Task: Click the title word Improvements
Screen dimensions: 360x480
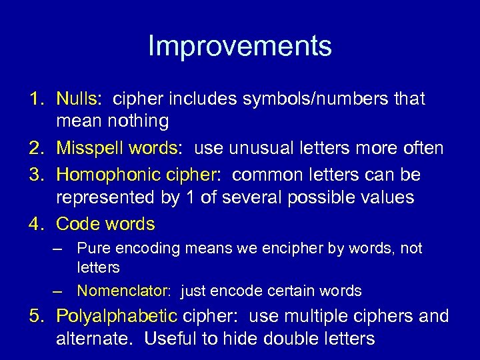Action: [x=239, y=46]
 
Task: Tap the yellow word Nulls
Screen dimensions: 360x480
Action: [x=77, y=99]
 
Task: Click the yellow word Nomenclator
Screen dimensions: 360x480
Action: [x=123, y=291]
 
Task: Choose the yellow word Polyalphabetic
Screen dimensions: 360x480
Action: [x=117, y=316]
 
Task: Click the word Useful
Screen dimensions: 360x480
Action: [x=171, y=339]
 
